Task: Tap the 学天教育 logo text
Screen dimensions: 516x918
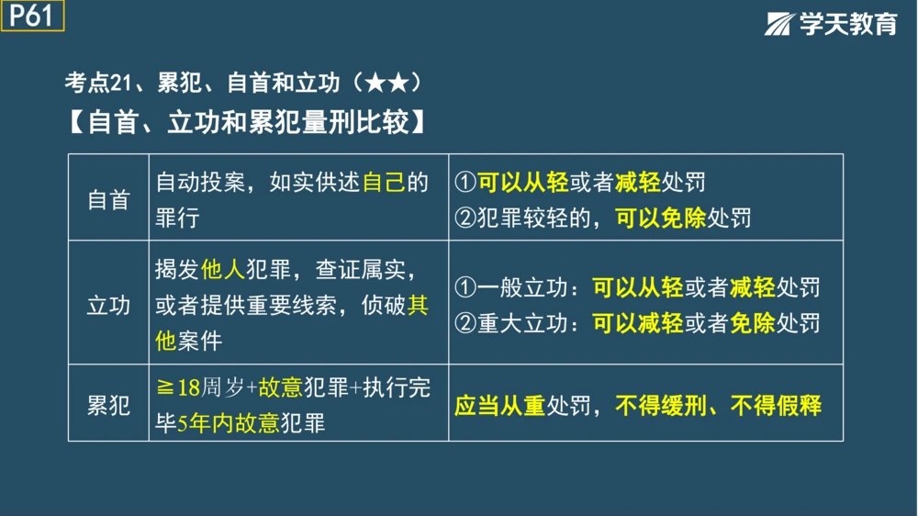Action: pos(846,25)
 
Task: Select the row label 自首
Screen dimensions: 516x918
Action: pos(108,201)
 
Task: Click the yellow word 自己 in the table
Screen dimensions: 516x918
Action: pos(384,183)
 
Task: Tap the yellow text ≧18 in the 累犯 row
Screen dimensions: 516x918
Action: pos(178,388)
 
